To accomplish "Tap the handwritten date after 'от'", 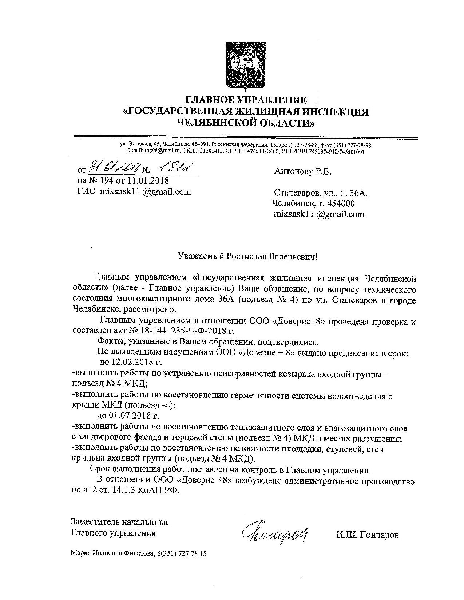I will coord(114,168).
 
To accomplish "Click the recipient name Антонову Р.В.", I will coord(303,171).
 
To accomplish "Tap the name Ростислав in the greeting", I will coord(247,256).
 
